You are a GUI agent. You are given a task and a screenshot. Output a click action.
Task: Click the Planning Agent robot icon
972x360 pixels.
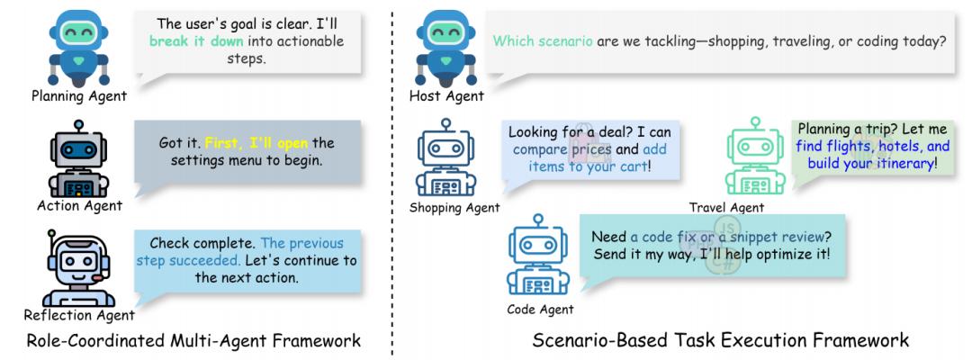point(81,45)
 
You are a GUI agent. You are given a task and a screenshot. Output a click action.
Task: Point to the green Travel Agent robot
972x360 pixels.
point(754,158)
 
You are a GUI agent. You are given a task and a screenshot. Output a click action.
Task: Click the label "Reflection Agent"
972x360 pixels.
point(79,315)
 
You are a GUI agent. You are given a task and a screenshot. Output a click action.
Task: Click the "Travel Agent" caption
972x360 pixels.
point(726,208)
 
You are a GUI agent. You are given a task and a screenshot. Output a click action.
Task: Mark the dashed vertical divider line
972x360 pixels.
point(391,180)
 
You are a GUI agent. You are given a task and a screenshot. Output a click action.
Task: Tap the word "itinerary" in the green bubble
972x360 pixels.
point(900,164)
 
